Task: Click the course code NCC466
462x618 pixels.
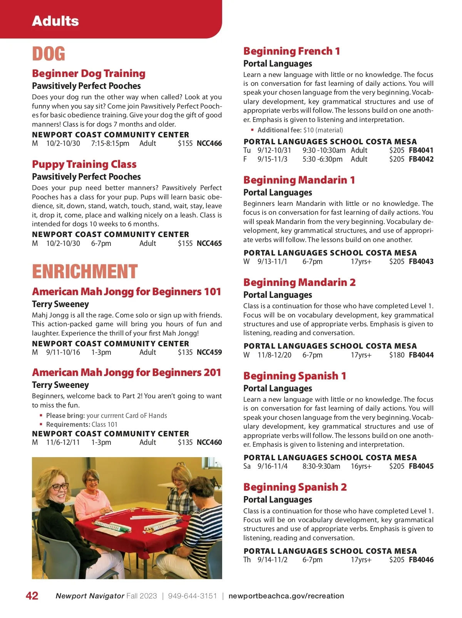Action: point(209,144)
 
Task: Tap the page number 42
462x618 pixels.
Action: point(32,596)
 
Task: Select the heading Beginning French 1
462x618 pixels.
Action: point(291,51)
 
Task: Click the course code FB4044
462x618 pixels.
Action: point(421,355)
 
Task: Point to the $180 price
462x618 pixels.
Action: point(397,355)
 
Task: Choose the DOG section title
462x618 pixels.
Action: point(49,54)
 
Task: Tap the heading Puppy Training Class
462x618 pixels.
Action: point(84,164)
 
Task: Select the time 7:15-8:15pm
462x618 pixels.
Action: point(110,144)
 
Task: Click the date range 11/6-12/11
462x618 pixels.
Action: point(63,443)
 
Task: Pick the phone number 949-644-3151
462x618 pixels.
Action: point(192,596)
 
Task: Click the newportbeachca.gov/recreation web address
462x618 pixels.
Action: point(286,596)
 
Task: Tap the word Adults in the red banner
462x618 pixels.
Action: point(55,21)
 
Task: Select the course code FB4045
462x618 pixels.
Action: point(421,466)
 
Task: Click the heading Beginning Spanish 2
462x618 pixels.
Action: point(295,487)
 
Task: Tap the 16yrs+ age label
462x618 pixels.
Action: point(361,466)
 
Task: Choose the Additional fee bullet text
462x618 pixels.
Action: point(300,130)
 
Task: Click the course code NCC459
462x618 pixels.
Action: point(209,352)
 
